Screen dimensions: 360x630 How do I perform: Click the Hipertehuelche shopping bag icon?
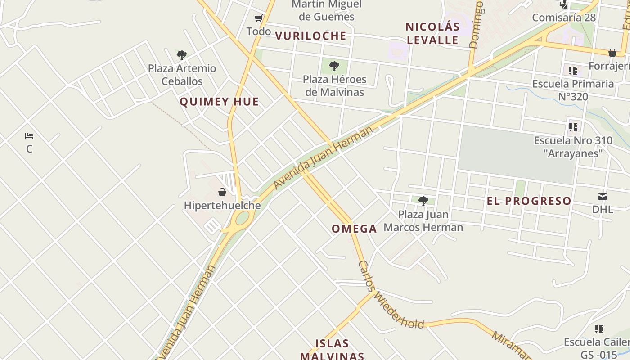coord(222,192)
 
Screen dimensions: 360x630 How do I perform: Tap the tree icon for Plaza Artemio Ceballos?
coord(182,55)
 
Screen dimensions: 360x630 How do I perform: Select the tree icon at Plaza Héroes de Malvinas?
coord(334,66)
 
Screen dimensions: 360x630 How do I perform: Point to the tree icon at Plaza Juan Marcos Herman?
coord(423,201)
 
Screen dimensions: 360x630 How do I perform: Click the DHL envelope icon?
coord(603,196)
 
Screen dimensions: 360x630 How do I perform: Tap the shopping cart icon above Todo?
coord(259,18)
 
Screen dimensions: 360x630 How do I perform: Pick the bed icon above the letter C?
coord(29,135)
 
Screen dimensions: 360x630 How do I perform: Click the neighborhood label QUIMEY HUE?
coord(219,102)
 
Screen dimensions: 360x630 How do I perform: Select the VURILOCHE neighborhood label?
coord(310,36)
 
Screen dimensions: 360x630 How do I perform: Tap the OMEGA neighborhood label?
coord(354,229)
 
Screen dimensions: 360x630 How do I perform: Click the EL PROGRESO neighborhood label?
coord(529,201)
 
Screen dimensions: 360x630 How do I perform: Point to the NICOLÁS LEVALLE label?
coord(432,33)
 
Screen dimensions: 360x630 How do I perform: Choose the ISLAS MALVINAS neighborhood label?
coord(332,350)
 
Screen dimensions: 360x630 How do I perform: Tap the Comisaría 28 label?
coord(563,18)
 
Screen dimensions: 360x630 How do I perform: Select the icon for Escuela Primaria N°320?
coord(572,70)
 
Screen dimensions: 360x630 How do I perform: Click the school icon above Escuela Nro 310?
coord(573,127)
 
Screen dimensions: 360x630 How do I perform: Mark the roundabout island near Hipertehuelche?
coord(242,218)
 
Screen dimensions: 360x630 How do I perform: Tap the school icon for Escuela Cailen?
coord(598,328)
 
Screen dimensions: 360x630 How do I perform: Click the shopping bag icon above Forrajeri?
coord(612,53)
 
